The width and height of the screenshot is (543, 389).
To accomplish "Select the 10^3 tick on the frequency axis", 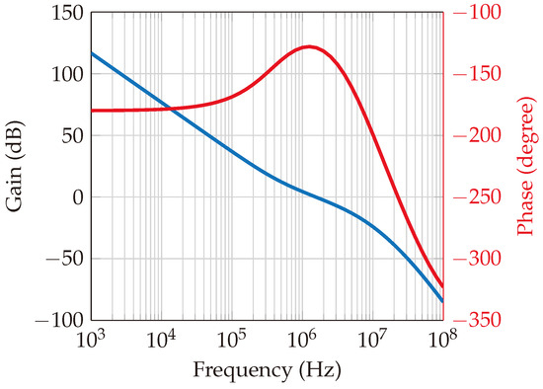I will (x=92, y=341).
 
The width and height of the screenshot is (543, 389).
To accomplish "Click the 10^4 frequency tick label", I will (x=162, y=341).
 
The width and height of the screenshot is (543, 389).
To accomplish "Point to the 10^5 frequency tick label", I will (x=232, y=341).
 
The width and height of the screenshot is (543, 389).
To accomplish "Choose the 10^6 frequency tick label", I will (x=302, y=341).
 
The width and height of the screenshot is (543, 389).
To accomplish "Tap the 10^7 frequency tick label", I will (x=372, y=341).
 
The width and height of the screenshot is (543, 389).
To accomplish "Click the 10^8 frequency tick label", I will (x=442, y=341).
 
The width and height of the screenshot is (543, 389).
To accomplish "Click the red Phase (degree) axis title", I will (x=526, y=166).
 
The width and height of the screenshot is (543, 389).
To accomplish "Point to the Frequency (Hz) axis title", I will (x=267, y=374).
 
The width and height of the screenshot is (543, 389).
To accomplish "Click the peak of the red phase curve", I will (x=309, y=46).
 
